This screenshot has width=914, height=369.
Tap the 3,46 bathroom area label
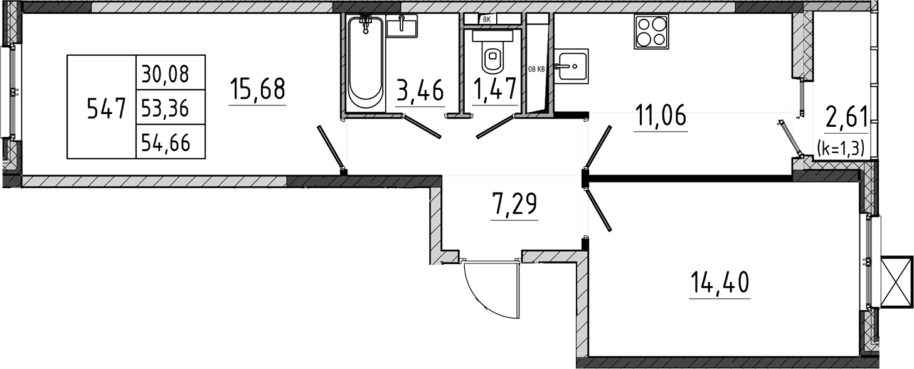(x=420, y=91)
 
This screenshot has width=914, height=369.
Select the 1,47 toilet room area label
(x=495, y=89)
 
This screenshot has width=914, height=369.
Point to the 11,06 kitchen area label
(x=661, y=115)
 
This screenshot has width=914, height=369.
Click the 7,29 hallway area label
(x=514, y=204)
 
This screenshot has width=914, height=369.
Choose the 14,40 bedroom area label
(x=720, y=282)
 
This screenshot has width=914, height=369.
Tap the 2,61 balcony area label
(x=846, y=117)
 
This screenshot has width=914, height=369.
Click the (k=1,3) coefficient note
(x=841, y=147)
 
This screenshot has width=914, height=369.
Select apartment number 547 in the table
(x=106, y=109)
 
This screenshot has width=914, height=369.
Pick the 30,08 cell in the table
(x=165, y=75)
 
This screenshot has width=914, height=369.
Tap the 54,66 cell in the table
(x=165, y=143)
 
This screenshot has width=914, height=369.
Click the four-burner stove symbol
(x=651, y=32)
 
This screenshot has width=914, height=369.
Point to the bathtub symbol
(x=366, y=64)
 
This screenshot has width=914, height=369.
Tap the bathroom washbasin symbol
(x=402, y=26)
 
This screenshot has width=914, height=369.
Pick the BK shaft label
(x=486, y=19)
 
